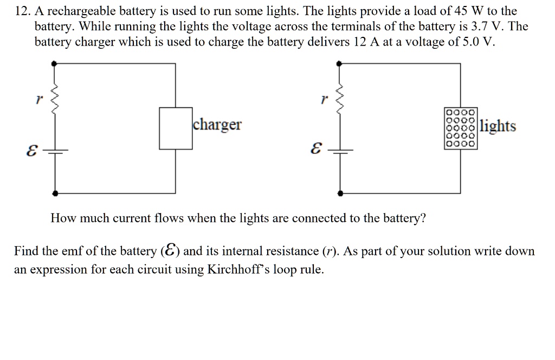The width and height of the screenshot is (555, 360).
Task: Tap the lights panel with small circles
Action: pyautogui.click(x=461, y=128)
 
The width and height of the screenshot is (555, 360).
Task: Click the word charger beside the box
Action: pyautogui.click(x=217, y=125)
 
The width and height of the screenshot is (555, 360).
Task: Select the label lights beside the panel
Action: pyautogui.click(x=498, y=126)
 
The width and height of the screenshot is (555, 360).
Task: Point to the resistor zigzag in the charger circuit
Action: pyautogui.click(x=54, y=99)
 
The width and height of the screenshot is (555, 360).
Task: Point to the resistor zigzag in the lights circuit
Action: pyautogui.click(x=339, y=99)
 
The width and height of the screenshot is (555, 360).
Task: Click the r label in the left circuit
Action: pyautogui.click(x=39, y=99)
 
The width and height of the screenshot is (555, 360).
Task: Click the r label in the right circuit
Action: pyautogui.click(x=324, y=99)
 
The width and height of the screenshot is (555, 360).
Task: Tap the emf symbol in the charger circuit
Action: pyautogui.click(x=31, y=150)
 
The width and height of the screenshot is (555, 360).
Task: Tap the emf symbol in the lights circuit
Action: pyautogui.click(x=316, y=149)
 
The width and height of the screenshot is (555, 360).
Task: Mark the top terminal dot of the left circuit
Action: pyautogui.click(x=54, y=64)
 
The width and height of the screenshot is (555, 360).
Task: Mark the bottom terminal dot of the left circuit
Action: pyautogui.click(x=55, y=193)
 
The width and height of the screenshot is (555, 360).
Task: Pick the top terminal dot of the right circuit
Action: pyautogui.click(x=339, y=64)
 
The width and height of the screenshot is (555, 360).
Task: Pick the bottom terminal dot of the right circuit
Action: pyautogui.click(x=340, y=193)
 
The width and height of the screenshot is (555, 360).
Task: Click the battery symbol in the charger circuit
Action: pyautogui.click(x=55, y=151)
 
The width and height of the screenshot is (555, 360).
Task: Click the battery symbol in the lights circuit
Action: pyautogui.click(x=340, y=151)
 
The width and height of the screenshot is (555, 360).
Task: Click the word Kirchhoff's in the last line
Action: pyautogui.click(x=238, y=269)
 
